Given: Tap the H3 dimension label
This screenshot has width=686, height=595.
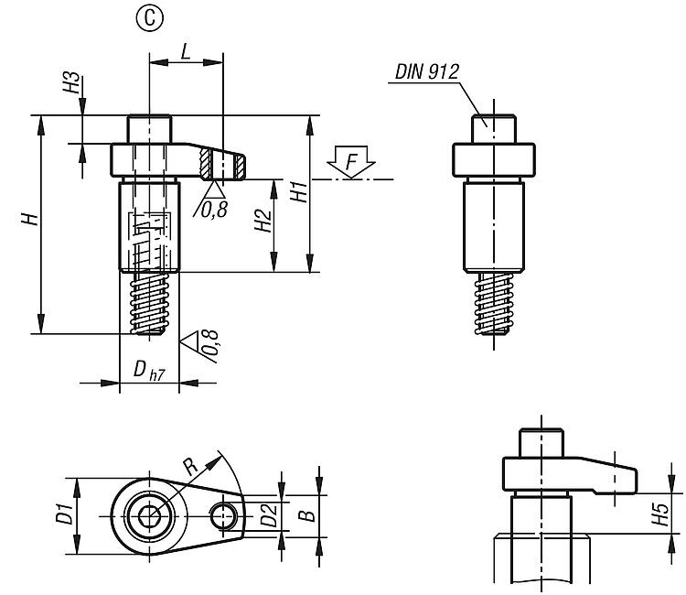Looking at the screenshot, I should tap(70, 89).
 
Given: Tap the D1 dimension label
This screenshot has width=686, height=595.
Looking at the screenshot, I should tap(64, 514).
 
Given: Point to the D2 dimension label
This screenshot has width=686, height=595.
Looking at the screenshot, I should tap(267, 517).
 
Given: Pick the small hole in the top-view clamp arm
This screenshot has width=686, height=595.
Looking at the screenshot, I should tap(222, 516).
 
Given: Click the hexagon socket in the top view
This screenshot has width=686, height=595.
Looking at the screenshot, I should tap(150, 518).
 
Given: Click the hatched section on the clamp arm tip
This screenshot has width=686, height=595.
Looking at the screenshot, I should tap(224, 167).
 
